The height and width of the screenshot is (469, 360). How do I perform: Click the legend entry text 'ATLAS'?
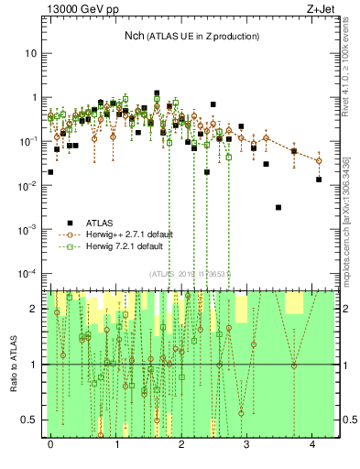coord(100,223)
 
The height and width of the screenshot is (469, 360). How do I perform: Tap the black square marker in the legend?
coord(69,223)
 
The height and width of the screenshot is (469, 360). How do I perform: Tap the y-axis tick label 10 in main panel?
coord(30,53)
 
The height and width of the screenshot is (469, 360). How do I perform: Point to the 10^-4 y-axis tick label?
coord(28,274)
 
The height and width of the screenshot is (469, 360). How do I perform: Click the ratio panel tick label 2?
coord(33,309)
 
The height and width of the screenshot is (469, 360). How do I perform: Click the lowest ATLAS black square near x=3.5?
coord(278,208)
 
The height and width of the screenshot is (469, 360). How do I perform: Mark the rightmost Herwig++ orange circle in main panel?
coord(319,160)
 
